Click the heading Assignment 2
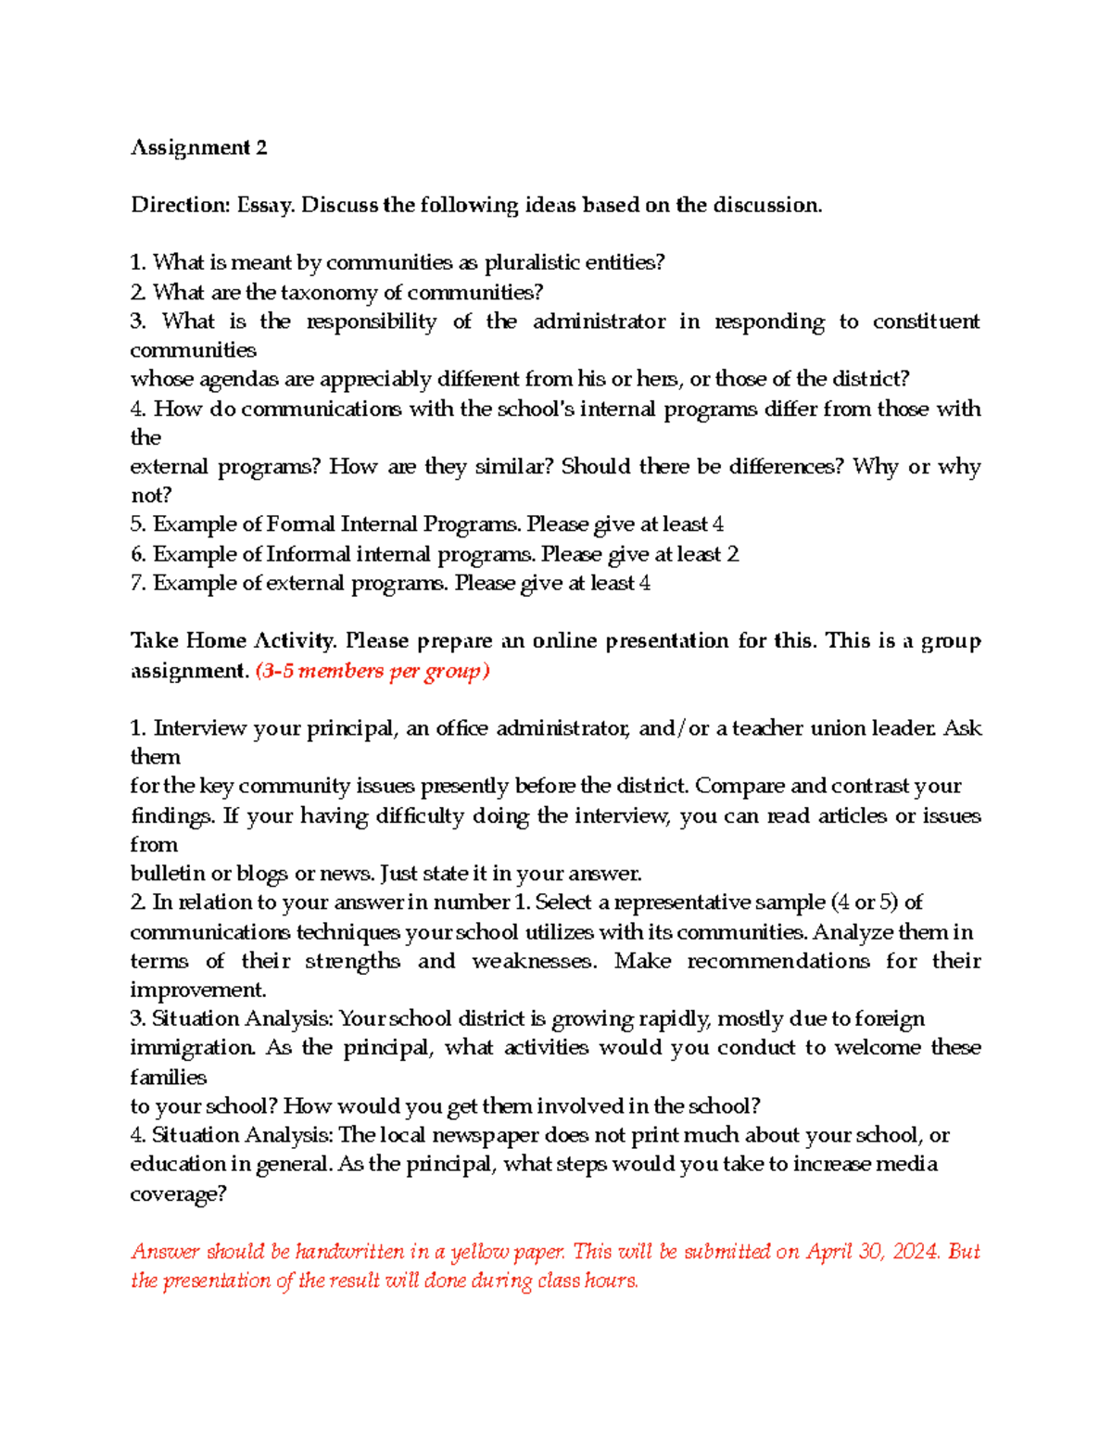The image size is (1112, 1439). click(198, 148)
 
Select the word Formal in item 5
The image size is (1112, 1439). click(300, 524)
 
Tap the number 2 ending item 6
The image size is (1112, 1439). click(733, 554)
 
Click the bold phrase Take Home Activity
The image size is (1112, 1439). click(233, 641)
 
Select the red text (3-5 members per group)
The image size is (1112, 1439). click(372, 671)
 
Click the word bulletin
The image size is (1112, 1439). click(168, 874)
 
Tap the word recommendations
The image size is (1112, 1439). click(777, 961)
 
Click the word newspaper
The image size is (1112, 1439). click(486, 1135)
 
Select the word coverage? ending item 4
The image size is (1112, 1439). click(178, 1193)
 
